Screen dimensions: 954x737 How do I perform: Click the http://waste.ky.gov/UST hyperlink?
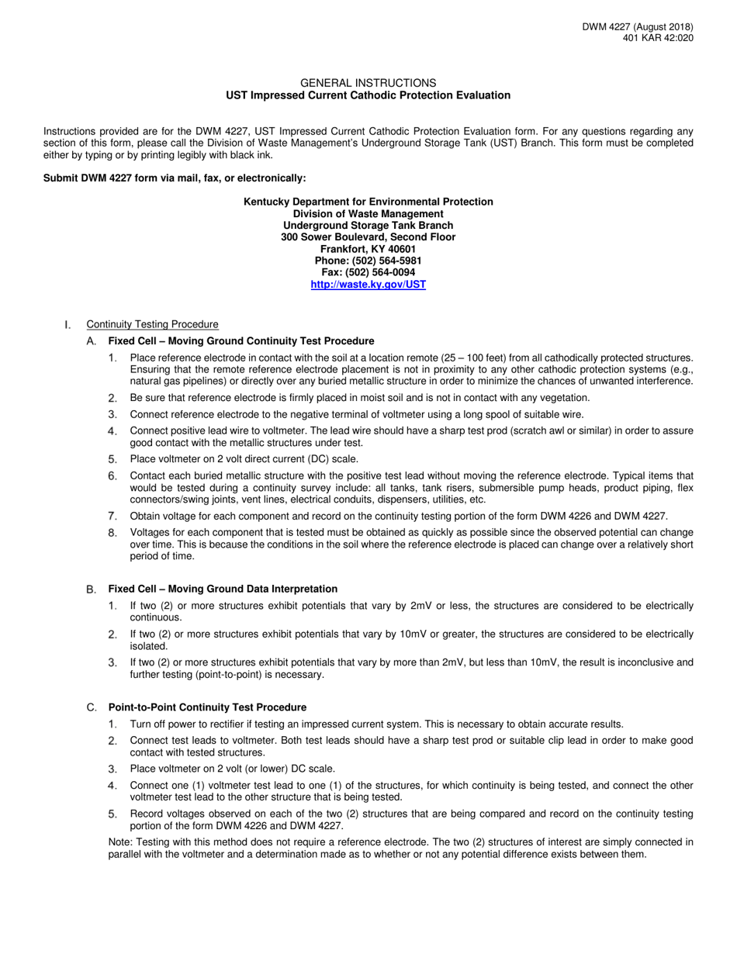(x=368, y=285)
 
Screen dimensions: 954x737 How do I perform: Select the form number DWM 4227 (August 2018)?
(x=638, y=27)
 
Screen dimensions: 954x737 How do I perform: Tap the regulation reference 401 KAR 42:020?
(x=658, y=38)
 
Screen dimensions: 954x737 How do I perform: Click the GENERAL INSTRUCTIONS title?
(x=368, y=83)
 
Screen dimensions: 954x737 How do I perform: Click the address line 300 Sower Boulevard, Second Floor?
(x=368, y=237)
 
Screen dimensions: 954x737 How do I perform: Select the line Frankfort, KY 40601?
(x=368, y=249)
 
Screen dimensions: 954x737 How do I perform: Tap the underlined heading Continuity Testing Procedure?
(x=152, y=324)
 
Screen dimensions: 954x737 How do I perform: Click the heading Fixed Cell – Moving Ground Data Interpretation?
(x=223, y=589)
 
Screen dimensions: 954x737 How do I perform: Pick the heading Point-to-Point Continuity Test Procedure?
(x=207, y=707)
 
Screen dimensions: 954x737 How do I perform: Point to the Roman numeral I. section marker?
(x=67, y=324)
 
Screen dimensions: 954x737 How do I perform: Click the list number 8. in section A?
(x=112, y=533)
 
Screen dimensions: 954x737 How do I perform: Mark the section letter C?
(x=92, y=707)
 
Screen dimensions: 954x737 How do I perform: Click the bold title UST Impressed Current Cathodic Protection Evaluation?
(x=368, y=95)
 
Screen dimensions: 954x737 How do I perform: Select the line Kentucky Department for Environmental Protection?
(x=368, y=202)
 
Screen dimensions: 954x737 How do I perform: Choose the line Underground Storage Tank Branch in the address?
(x=368, y=226)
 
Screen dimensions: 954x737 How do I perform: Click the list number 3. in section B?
(x=112, y=662)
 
